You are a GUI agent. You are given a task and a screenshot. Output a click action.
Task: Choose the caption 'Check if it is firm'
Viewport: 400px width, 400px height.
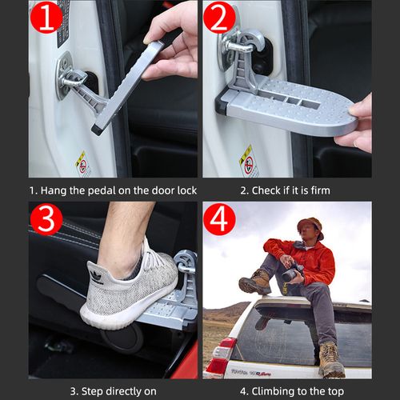coord(286,190)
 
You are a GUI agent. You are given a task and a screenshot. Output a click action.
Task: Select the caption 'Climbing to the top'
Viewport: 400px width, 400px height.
coord(286,390)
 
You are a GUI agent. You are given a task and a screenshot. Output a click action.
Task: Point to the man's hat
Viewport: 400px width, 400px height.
coord(309,224)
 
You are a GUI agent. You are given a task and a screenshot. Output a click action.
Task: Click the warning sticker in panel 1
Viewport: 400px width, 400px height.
coord(82,162)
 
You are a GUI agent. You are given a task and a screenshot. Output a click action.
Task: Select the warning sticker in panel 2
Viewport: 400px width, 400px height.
coord(249,160)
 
